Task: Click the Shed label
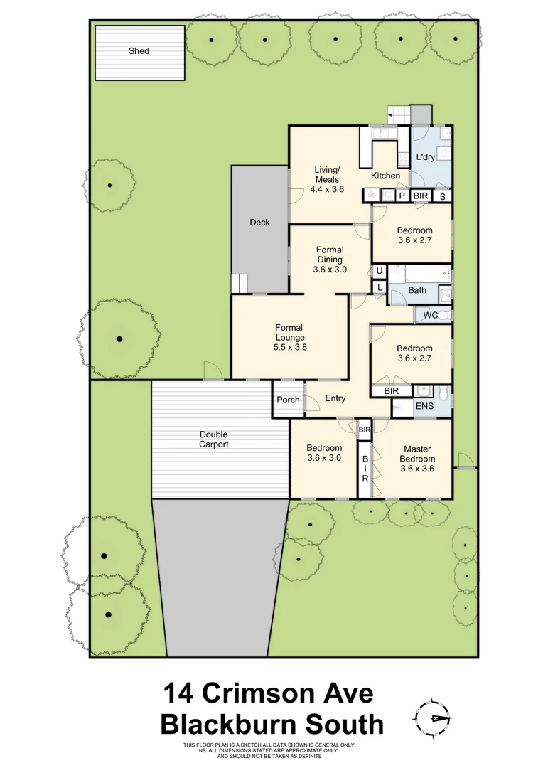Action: click(139, 51)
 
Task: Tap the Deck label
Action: click(259, 223)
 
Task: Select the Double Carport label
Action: click(214, 439)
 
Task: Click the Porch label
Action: click(288, 400)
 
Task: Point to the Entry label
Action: click(335, 398)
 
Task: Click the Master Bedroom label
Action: click(416, 454)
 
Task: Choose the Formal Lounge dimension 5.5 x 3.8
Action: click(289, 348)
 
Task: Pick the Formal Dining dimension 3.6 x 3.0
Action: click(329, 270)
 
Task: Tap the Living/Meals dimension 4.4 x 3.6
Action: click(328, 190)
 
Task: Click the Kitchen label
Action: click(385, 176)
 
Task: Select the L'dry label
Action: click(425, 156)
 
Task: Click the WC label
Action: click(430, 315)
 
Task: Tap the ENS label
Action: click(424, 407)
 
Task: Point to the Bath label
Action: click(417, 290)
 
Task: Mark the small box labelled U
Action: click(380, 271)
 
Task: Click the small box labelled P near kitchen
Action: click(402, 196)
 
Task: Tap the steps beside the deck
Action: click(239, 284)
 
